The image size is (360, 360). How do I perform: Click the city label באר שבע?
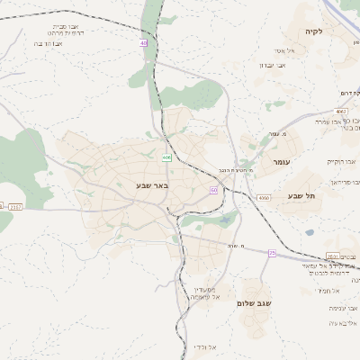click(133, 184)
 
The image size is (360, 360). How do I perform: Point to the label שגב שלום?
click(253, 303)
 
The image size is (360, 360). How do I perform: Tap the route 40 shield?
click(143, 42)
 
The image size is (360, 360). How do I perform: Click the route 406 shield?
click(167, 157)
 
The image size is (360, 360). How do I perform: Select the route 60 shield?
click(213, 190)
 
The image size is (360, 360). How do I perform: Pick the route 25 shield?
click(272, 253)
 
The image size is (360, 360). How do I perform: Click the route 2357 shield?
click(15, 206)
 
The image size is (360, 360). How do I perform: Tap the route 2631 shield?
click(333, 256)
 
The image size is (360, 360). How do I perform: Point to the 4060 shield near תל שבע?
click(264, 196)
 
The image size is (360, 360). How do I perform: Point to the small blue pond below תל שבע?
click(310, 232)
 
